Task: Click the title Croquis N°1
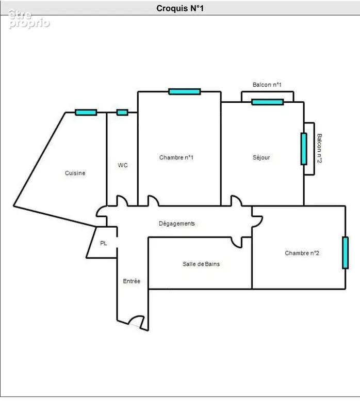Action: point(180,8)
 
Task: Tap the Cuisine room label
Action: point(75,173)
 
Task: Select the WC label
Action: point(123,165)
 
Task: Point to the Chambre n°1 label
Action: point(176,157)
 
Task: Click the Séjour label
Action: point(261,157)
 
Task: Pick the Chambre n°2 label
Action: point(302,253)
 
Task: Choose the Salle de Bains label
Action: point(201,264)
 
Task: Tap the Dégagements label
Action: point(177,224)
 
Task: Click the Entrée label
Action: point(132,281)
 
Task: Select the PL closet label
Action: point(104,243)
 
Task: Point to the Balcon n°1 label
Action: point(267,85)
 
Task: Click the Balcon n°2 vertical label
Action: point(319,148)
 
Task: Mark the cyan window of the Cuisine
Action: point(86,113)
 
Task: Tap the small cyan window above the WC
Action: point(122,113)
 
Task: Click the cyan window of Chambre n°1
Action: point(185,92)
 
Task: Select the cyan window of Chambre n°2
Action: point(345,253)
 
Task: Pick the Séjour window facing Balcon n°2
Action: point(304,149)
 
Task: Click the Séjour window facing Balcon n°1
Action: point(267,102)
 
